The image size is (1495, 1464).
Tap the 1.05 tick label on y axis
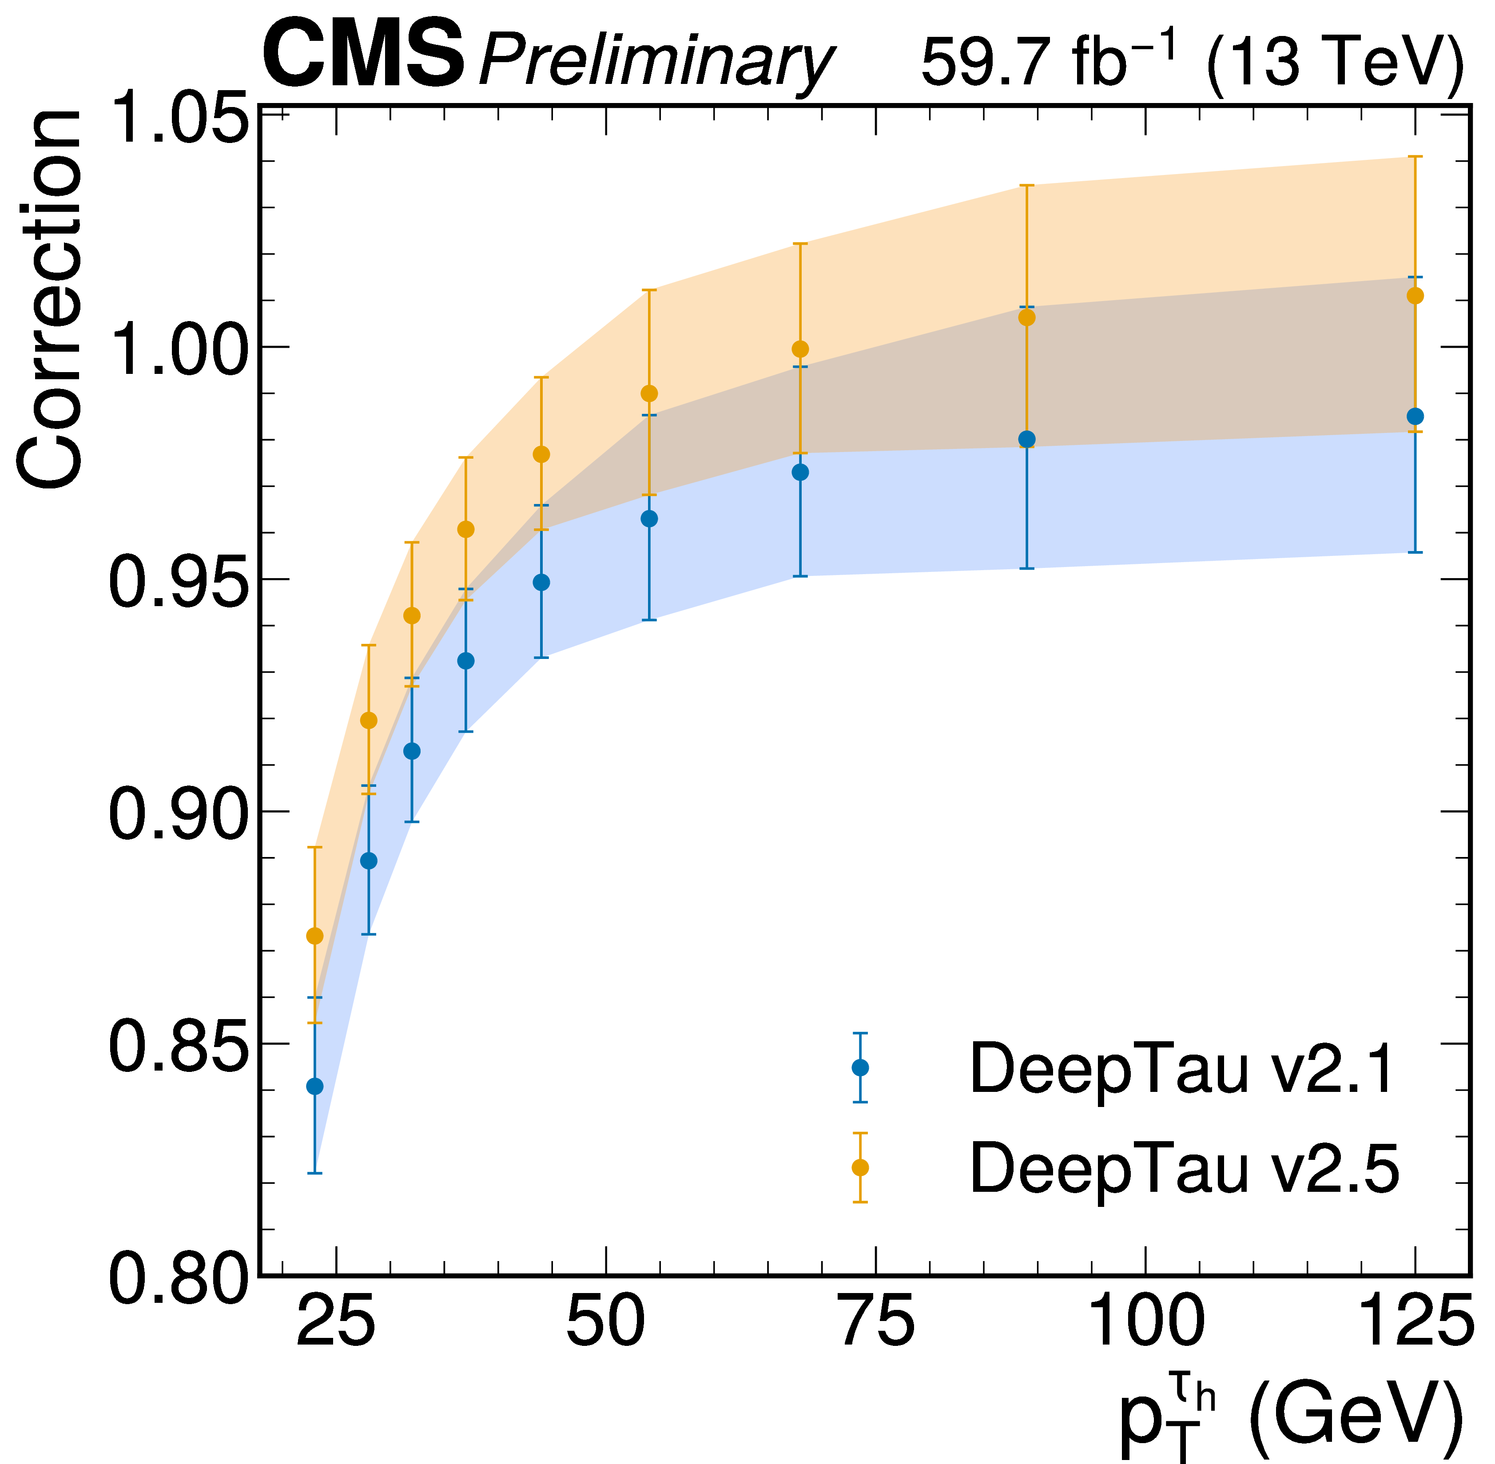(x=179, y=117)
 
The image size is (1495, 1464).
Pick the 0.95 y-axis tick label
(x=179, y=582)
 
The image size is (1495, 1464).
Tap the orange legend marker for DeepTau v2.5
(x=861, y=1167)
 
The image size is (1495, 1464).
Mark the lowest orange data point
(x=314, y=936)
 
